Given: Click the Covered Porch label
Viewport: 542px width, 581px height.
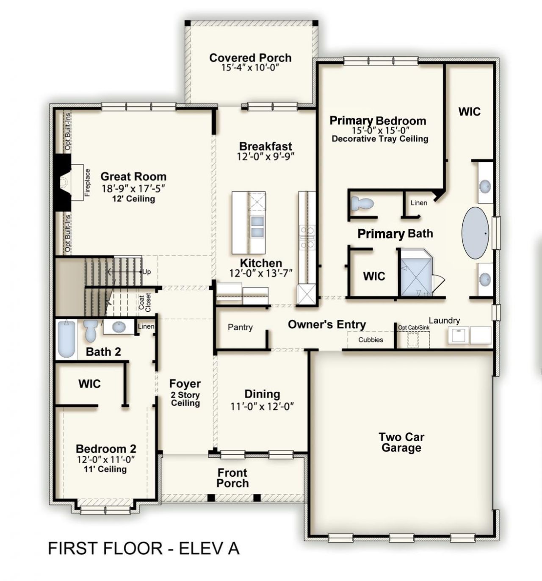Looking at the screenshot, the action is tap(250, 58).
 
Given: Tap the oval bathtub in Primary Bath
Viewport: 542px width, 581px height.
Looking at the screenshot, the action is tap(475, 233).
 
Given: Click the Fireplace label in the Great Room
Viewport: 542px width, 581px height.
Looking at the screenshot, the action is tap(88, 183).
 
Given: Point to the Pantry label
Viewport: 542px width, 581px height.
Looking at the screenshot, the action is tap(240, 327).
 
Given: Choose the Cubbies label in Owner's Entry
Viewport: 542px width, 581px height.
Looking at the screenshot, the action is tap(371, 340).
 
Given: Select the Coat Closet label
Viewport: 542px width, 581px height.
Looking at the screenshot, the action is tap(144, 302).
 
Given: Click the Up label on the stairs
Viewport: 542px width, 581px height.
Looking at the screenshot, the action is tap(147, 272).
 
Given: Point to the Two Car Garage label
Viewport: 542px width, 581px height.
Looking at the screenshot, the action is tap(401, 442).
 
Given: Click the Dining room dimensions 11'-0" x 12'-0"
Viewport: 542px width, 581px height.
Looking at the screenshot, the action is tap(262, 407).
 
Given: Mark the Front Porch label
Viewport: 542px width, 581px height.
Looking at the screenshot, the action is tap(232, 478).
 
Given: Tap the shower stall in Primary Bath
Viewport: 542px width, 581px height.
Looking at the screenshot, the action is tap(416, 273).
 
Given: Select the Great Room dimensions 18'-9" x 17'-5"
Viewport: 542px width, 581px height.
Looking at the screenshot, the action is tap(133, 188).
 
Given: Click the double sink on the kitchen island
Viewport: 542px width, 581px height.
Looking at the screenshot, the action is tap(257, 227).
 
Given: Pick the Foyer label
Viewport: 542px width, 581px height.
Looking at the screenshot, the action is tap(185, 383).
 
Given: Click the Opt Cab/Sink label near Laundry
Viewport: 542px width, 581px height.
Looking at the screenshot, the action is tap(414, 328).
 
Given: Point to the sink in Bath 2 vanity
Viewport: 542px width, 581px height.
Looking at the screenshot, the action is tap(118, 326).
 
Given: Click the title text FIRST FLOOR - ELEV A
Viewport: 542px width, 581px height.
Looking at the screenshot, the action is tap(144, 548).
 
